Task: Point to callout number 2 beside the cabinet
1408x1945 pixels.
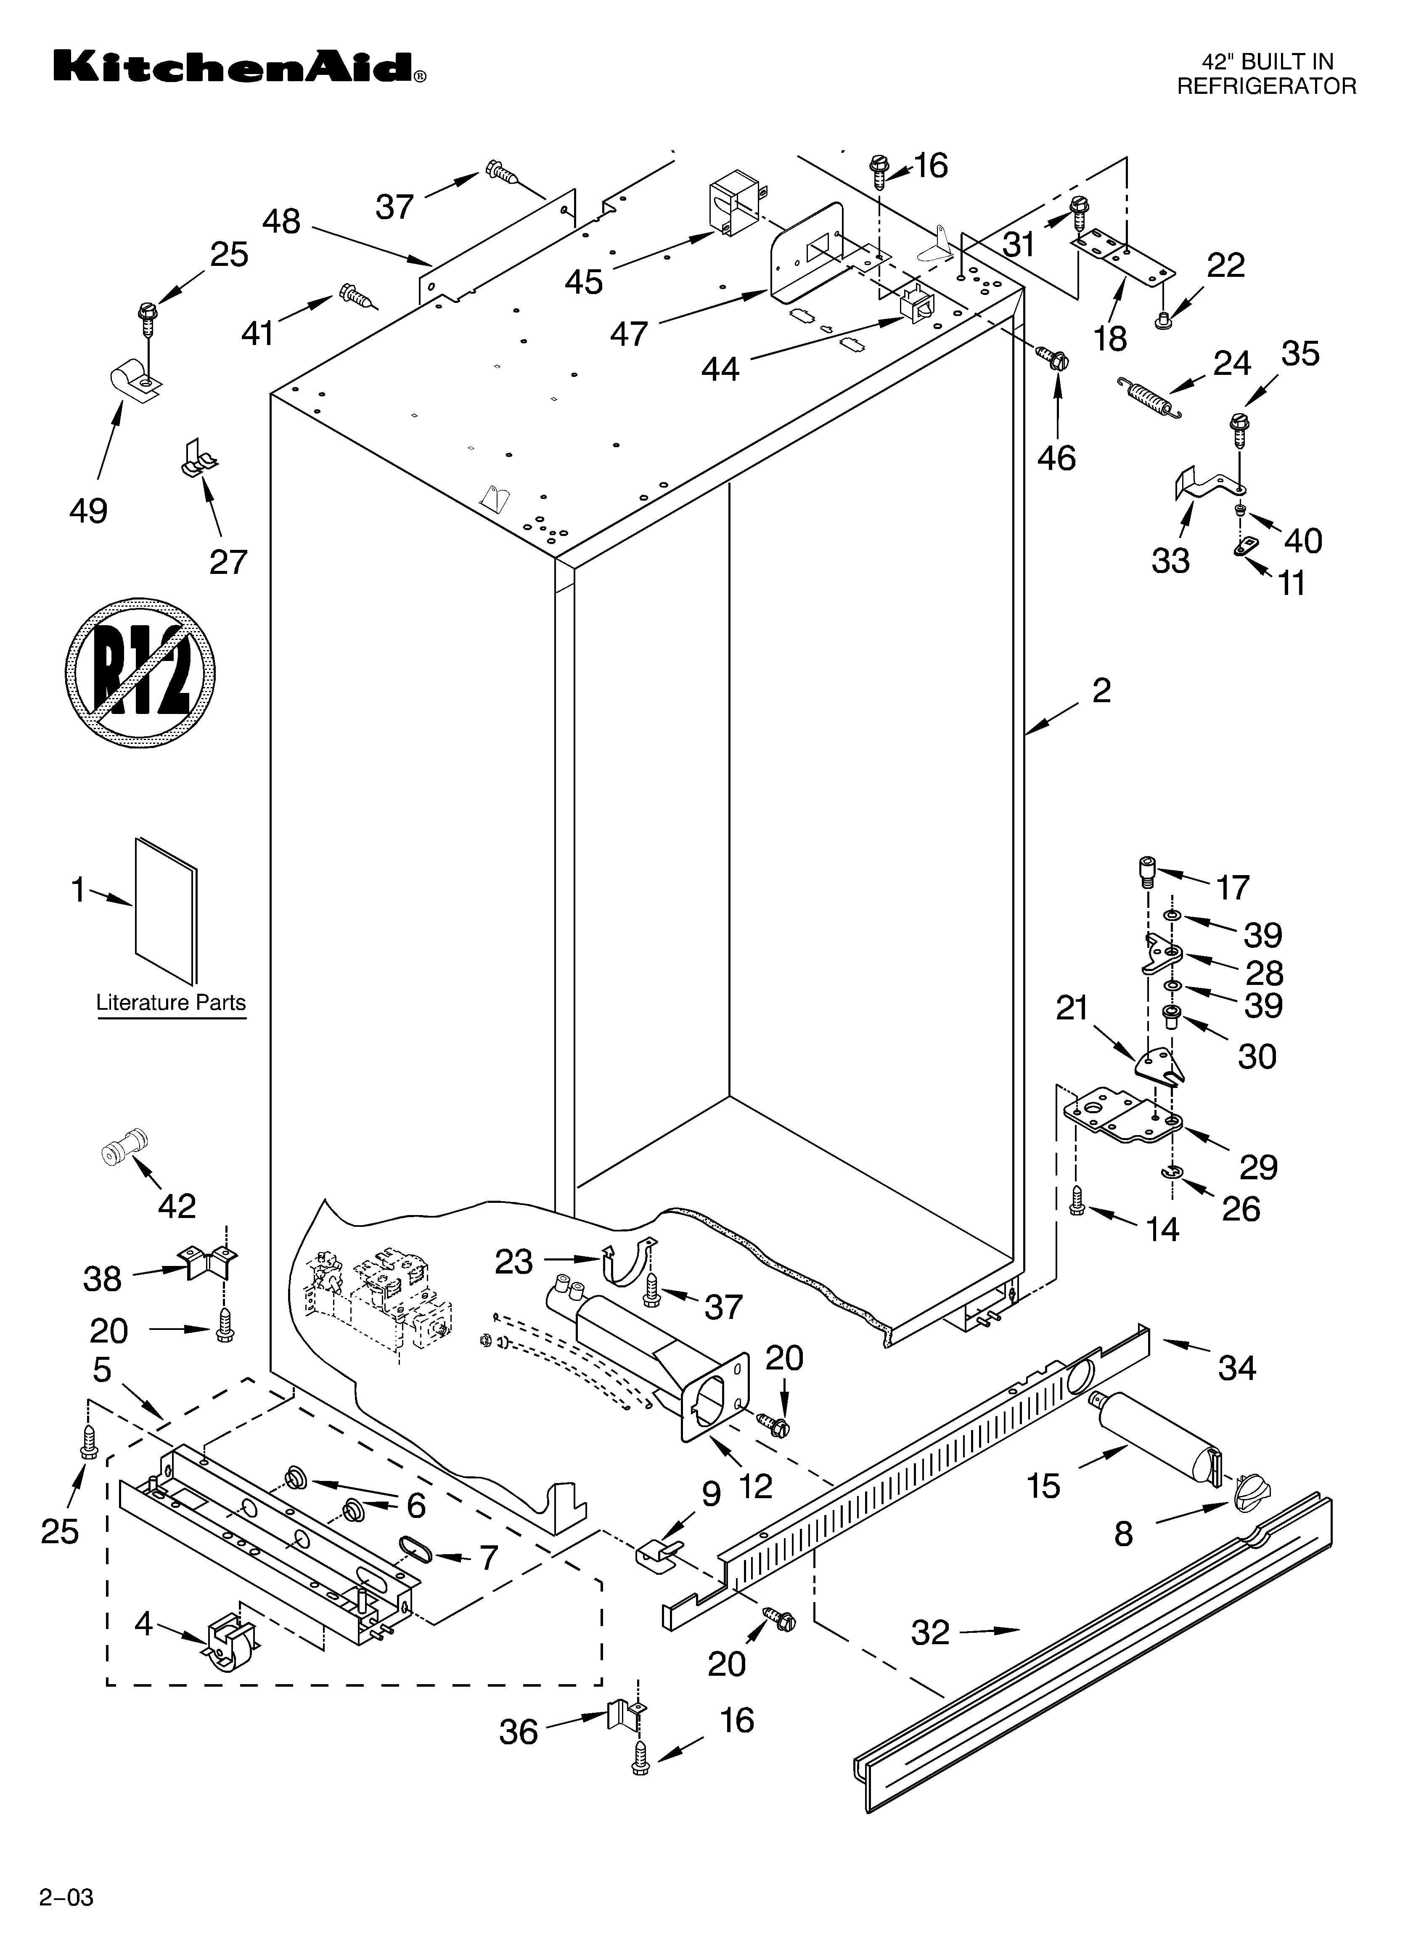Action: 1101,690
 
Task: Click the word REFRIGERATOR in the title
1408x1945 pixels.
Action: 1266,86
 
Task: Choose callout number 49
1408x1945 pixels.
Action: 88,511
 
